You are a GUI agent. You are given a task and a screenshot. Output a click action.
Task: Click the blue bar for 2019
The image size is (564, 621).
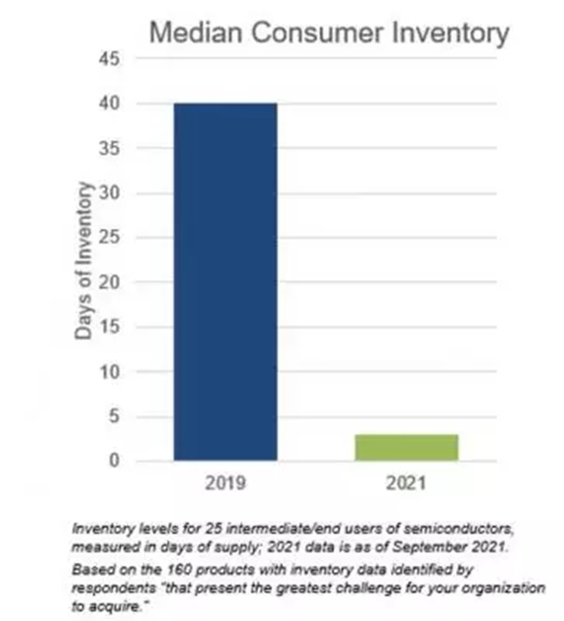pyautogui.click(x=226, y=282)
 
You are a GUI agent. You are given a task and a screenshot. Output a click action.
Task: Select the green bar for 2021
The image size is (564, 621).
pyautogui.click(x=406, y=447)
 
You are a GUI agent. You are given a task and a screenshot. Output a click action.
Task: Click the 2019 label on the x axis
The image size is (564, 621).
pyautogui.click(x=226, y=486)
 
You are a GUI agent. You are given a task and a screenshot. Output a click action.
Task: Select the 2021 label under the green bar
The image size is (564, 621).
pyautogui.click(x=406, y=486)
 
